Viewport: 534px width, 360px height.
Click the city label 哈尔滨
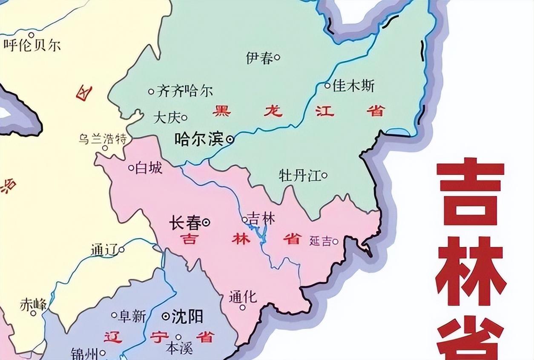pyautogui.click(x=199, y=139)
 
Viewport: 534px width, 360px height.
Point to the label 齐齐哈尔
pyautogui.click(x=184, y=91)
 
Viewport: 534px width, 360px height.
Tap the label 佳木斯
pyautogui.click(x=353, y=86)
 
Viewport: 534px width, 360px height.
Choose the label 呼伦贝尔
pyautogui.click(x=32, y=45)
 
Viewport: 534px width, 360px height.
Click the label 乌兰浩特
pyautogui.click(x=102, y=139)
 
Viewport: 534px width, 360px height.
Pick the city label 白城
pyautogui.click(x=149, y=168)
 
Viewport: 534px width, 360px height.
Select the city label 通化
pyautogui.click(x=243, y=297)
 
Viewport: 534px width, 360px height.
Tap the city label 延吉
pyautogui.click(x=320, y=242)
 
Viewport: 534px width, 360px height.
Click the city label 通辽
pyautogui.click(x=103, y=250)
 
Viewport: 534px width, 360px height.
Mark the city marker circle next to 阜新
pyautogui.click(x=114, y=315)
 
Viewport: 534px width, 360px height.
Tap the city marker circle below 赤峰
pyautogui.click(x=33, y=313)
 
